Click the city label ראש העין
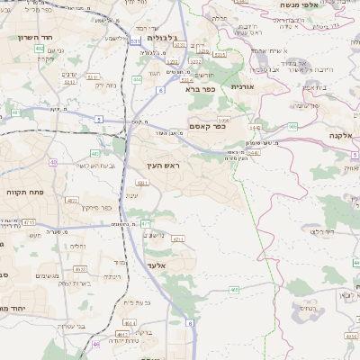coord(162,167)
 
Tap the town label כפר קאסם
coord(207,128)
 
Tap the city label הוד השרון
coord(37,38)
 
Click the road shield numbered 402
coord(40,49)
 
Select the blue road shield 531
coord(134,40)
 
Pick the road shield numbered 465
coord(234,290)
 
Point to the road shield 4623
coord(79,267)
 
